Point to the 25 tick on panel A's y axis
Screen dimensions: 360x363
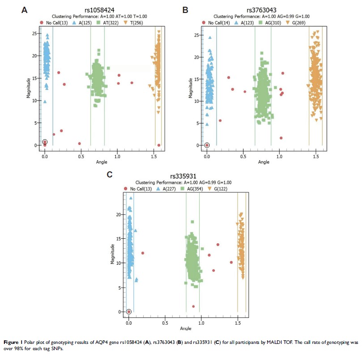[34, 33]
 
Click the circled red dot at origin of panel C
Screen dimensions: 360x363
[129, 311]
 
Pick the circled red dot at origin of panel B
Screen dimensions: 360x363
[207, 145]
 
